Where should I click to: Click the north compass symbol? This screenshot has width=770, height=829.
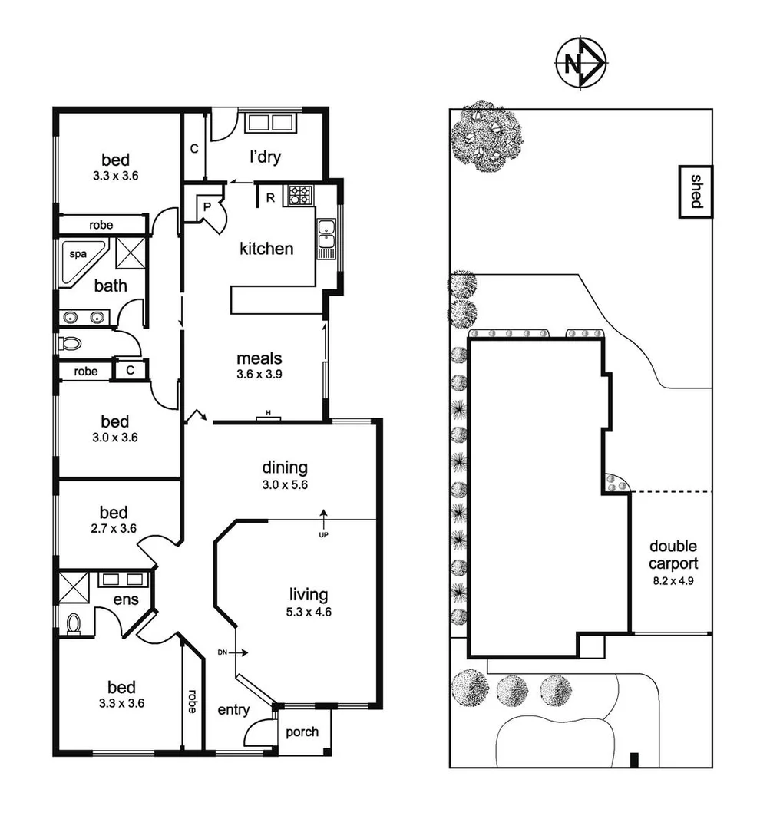tap(580, 64)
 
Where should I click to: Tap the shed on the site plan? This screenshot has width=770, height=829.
tap(696, 192)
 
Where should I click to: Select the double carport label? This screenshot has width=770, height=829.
tap(673, 554)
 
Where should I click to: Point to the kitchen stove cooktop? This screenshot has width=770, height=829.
tap(299, 195)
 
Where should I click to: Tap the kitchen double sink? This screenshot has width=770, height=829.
tap(326, 234)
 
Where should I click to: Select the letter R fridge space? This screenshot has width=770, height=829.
tap(270, 197)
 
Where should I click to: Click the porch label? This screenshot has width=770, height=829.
tap(302, 732)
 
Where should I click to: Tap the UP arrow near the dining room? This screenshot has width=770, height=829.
tap(323, 517)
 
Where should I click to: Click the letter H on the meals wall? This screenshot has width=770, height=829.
tap(269, 414)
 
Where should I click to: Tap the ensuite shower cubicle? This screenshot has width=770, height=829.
tap(74, 586)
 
